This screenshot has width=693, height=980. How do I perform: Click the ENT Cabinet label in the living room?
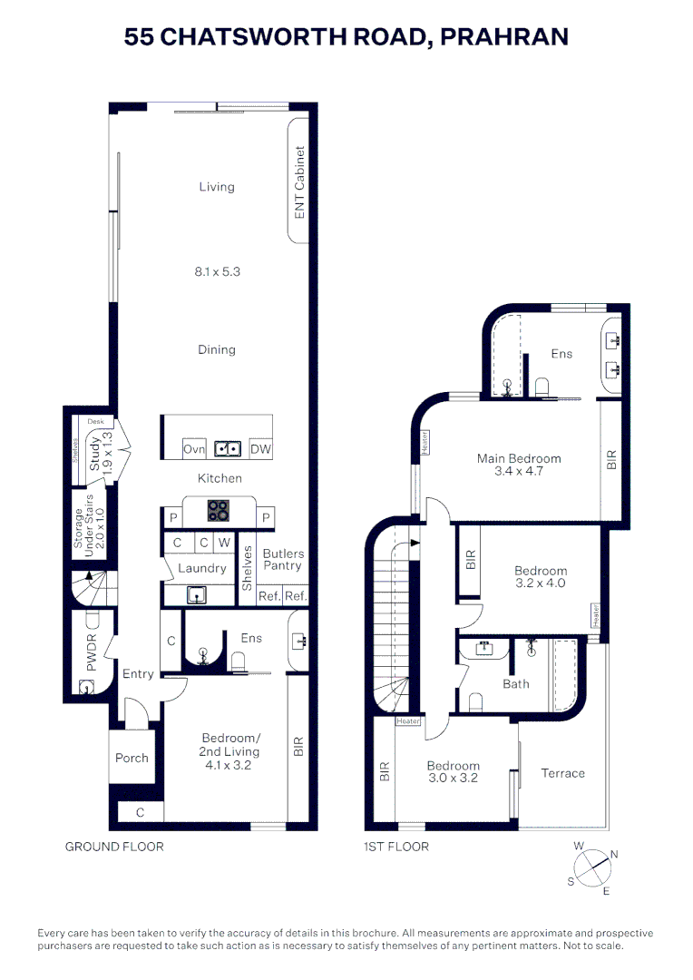[299, 182]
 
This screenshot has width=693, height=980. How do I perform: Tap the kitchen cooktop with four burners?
[218, 511]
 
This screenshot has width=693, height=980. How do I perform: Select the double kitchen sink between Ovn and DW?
[228, 449]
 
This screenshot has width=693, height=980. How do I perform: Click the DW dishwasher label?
[260, 449]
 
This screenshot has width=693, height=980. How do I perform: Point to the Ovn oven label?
[194, 449]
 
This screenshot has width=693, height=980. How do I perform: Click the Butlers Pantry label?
[283, 559]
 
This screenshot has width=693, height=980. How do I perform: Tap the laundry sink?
[197, 594]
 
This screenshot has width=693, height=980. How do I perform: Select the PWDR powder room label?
[92, 652]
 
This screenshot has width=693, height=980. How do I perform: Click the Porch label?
[132, 758]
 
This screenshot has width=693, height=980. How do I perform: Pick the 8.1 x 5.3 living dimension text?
[217, 271]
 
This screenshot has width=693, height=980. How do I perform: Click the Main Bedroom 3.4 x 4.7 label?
[519, 465]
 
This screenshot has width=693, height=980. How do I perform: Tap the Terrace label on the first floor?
[563, 773]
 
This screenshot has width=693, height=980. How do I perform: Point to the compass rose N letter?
[614, 855]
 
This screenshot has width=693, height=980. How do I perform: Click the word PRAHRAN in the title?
[504, 37]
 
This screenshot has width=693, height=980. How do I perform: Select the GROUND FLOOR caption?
[114, 847]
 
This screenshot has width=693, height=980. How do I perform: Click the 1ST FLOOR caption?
[396, 847]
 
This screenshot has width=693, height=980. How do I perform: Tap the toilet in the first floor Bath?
[475, 701]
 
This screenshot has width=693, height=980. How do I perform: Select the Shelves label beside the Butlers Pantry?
[247, 568]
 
